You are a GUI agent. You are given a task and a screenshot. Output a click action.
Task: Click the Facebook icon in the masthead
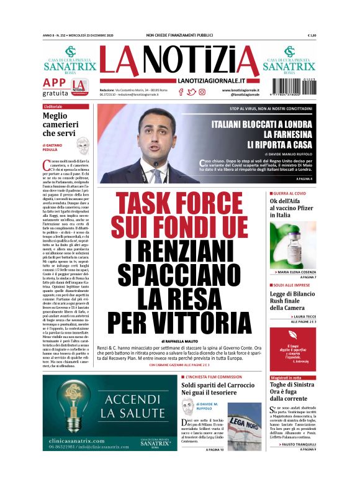click(181, 92)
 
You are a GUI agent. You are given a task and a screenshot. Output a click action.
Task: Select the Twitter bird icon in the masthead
click(191, 92)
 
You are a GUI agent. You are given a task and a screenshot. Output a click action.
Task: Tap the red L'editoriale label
click(53, 107)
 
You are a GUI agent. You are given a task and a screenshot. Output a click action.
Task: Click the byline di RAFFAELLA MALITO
click(179, 342)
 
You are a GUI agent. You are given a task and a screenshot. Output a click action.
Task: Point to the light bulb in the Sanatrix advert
click(70, 407)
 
